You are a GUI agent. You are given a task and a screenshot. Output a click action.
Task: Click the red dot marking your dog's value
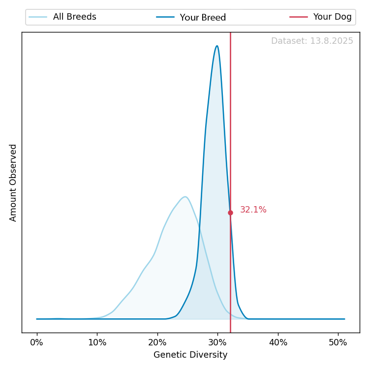pyautogui.click(x=230, y=213)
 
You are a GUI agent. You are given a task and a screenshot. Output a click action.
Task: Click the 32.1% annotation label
pyautogui.click(x=253, y=210)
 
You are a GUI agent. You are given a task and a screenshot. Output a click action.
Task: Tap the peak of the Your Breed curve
pyautogui.click(x=216, y=46)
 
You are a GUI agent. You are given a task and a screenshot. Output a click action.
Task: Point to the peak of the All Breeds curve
pyautogui.click(x=185, y=197)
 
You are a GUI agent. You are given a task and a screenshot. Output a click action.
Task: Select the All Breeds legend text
pyautogui.click(x=74, y=17)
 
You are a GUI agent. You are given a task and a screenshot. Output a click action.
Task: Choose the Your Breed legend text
pyautogui.click(x=203, y=18)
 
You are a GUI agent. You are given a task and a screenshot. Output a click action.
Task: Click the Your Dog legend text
pyautogui.click(x=332, y=17)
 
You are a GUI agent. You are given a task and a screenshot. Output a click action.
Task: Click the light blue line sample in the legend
pyautogui.click(x=38, y=17)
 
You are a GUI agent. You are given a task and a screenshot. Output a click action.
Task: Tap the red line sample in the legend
pyautogui.click(x=298, y=17)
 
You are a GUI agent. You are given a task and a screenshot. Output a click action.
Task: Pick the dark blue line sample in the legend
pyautogui.click(x=165, y=17)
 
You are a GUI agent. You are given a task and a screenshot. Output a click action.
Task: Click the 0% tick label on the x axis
pyautogui.click(x=37, y=342)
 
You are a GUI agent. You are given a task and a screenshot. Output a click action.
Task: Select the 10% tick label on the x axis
pyautogui.click(x=97, y=342)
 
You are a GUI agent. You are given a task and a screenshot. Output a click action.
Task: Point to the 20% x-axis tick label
pyautogui.click(x=157, y=342)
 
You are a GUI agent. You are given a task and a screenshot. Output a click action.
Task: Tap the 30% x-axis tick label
pyautogui.click(x=217, y=342)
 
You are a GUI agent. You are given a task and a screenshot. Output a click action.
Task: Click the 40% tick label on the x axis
pyautogui.click(x=278, y=342)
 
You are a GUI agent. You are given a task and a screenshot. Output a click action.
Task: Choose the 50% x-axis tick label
pyautogui.click(x=338, y=342)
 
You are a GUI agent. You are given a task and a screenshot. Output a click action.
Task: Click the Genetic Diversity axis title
pyautogui.click(x=190, y=355)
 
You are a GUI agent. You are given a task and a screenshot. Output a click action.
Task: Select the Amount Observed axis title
pyautogui.click(x=13, y=183)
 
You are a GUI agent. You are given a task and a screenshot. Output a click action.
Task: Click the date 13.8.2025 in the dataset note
pyautogui.click(x=332, y=41)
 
